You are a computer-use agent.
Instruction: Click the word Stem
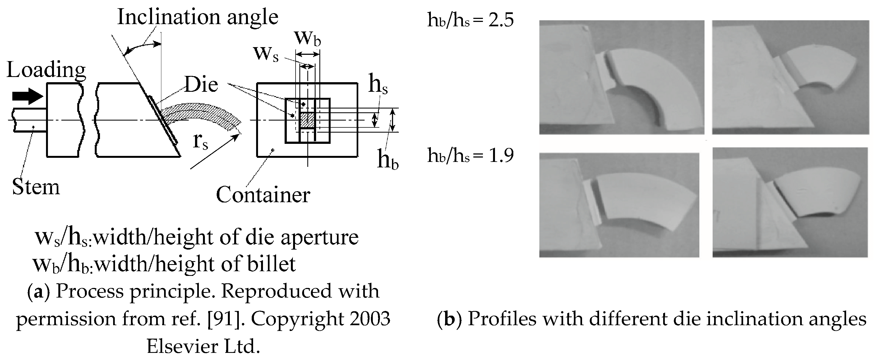click(x=36, y=187)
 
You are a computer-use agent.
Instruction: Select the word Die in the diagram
click(x=201, y=85)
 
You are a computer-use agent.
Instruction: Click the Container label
click(x=263, y=195)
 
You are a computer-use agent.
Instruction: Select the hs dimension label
click(x=378, y=85)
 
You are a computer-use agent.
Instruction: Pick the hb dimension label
click(x=388, y=160)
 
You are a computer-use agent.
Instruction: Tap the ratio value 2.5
click(x=501, y=21)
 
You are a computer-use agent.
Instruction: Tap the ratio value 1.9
click(x=501, y=156)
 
